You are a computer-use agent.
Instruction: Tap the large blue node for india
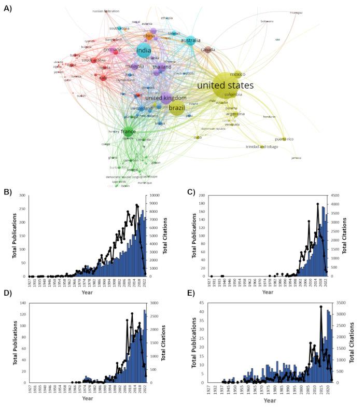pos(144,51)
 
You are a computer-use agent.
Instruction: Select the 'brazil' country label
pos(176,108)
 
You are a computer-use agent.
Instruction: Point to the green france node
pos(128,132)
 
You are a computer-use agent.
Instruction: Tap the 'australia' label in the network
pos(190,40)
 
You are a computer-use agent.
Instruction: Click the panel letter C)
pos(191,192)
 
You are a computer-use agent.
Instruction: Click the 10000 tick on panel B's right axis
pos(154,195)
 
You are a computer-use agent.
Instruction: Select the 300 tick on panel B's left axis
pos(21,195)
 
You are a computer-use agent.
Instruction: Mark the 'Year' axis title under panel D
pos(87,398)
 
